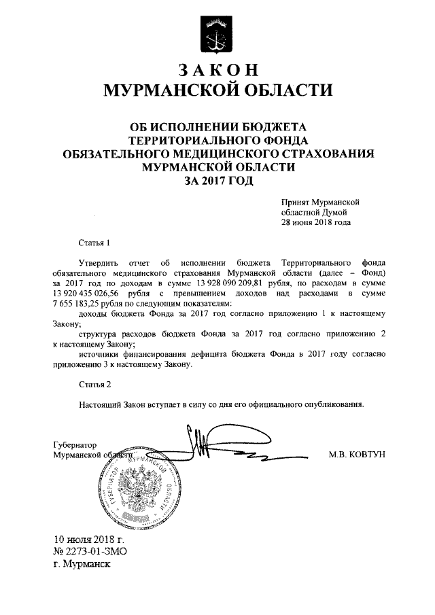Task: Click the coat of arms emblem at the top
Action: point(217,33)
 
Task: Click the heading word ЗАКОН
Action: point(217,71)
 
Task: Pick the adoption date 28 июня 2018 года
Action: point(317,222)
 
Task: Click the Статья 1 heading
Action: point(94,242)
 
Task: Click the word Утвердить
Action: point(99,262)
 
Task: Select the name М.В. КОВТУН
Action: point(357,455)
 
